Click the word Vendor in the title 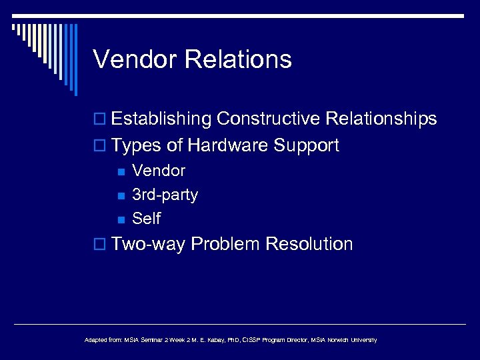coord(136,59)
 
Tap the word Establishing coord(162,119)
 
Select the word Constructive coord(269,119)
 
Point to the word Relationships coord(381,119)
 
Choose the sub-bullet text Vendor coord(159,171)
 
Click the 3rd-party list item coord(165,195)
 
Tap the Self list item coord(146,219)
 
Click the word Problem coord(225,244)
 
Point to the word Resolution coord(309,244)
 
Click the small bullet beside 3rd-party coord(121,195)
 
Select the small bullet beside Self coord(121,219)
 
